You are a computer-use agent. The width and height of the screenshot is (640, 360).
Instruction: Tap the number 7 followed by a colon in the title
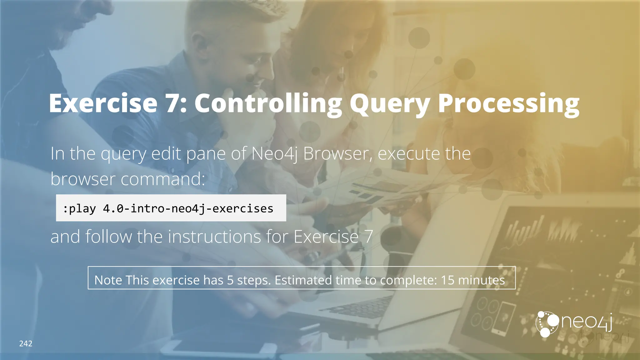click(176, 104)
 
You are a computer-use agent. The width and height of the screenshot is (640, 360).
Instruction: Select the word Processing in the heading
click(508, 104)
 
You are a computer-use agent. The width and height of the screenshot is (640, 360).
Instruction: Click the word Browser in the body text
click(338, 154)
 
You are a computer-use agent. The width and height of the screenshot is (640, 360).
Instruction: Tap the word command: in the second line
click(163, 179)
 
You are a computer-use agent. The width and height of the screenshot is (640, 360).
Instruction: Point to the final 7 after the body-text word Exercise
click(368, 237)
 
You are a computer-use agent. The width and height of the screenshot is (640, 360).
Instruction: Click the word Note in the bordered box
click(108, 280)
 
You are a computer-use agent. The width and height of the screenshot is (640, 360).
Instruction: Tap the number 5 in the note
click(230, 280)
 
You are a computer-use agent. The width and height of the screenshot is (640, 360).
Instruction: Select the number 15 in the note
click(447, 280)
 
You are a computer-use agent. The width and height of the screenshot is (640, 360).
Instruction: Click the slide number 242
click(26, 344)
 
